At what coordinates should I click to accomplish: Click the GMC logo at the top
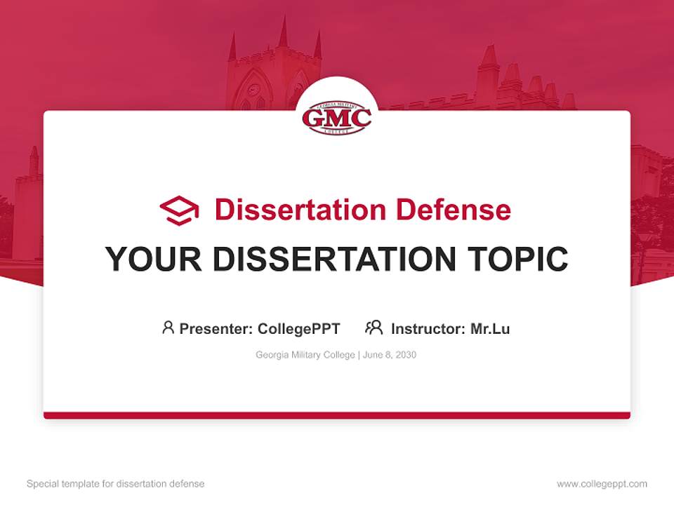pyautogui.click(x=337, y=117)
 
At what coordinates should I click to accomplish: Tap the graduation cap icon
pyautogui.click(x=179, y=210)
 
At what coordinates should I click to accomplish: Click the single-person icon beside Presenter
pyautogui.click(x=168, y=328)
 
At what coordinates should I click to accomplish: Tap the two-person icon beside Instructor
pyautogui.click(x=374, y=328)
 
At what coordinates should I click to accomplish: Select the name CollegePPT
pyautogui.click(x=298, y=329)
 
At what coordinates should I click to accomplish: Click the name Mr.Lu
pyautogui.click(x=490, y=329)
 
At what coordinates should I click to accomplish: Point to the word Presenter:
pyautogui.click(x=216, y=329)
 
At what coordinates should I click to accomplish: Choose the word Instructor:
pyautogui.click(x=428, y=329)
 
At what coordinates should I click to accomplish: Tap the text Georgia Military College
pyautogui.click(x=306, y=355)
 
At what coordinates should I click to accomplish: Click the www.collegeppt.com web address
pyautogui.click(x=602, y=484)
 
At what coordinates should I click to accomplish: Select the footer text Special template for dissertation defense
pyautogui.click(x=116, y=484)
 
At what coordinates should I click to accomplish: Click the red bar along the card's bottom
pyautogui.click(x=337, y=415)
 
